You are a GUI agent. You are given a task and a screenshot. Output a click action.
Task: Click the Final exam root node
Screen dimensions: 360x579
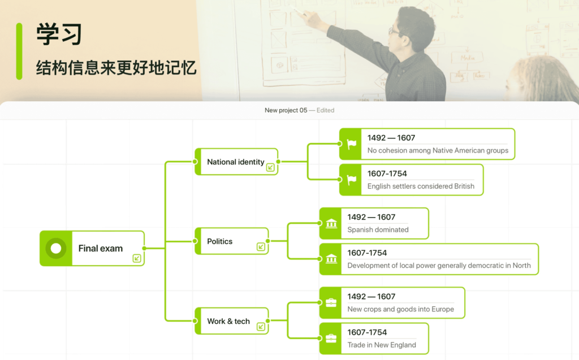coord(100,248)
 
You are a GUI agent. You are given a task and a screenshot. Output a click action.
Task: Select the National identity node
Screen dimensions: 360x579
coord(235,162)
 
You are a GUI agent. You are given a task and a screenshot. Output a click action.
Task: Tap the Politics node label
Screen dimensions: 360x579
coord(219,241)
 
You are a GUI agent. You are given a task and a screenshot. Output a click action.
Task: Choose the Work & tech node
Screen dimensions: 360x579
coord(228,321)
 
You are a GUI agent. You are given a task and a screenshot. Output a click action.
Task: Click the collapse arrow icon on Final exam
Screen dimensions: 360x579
coord(137,258)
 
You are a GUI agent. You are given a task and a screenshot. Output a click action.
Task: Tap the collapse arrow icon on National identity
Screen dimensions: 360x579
coord(270,167)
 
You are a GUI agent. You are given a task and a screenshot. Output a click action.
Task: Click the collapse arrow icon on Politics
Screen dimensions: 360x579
coord(261,247)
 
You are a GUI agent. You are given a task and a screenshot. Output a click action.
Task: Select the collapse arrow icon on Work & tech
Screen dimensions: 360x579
coord(261,327)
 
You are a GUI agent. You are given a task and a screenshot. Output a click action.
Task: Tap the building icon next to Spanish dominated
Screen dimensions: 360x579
coord(331,224)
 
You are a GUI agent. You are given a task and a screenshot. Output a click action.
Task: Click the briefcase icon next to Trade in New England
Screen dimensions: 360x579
coord(331,339)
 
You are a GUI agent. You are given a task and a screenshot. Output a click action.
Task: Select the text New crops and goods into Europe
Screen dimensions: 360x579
coord(400,309)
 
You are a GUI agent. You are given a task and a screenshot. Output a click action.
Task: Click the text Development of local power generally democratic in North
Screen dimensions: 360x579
coord(439,266)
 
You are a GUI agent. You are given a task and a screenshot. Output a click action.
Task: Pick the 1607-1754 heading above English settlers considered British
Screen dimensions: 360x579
coord(387,174)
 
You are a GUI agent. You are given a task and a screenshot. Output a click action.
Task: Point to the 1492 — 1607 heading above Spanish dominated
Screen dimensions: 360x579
coord(371,217)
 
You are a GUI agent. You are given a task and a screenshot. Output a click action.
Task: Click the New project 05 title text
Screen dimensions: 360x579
coord(286,110)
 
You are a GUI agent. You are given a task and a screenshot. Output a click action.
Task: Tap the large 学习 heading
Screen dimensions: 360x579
coord(59,34)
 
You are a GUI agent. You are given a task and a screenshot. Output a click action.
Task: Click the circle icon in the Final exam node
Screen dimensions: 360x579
coord(55,248)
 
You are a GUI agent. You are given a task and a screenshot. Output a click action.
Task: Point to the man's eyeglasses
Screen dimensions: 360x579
coord(394,31)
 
